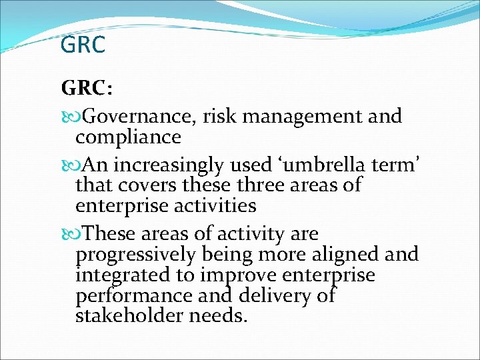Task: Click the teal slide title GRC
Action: coord(83,45)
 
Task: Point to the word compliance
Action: coord(128,137)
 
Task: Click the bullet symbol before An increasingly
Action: coord(68,164)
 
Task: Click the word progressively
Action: coord(135,255)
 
